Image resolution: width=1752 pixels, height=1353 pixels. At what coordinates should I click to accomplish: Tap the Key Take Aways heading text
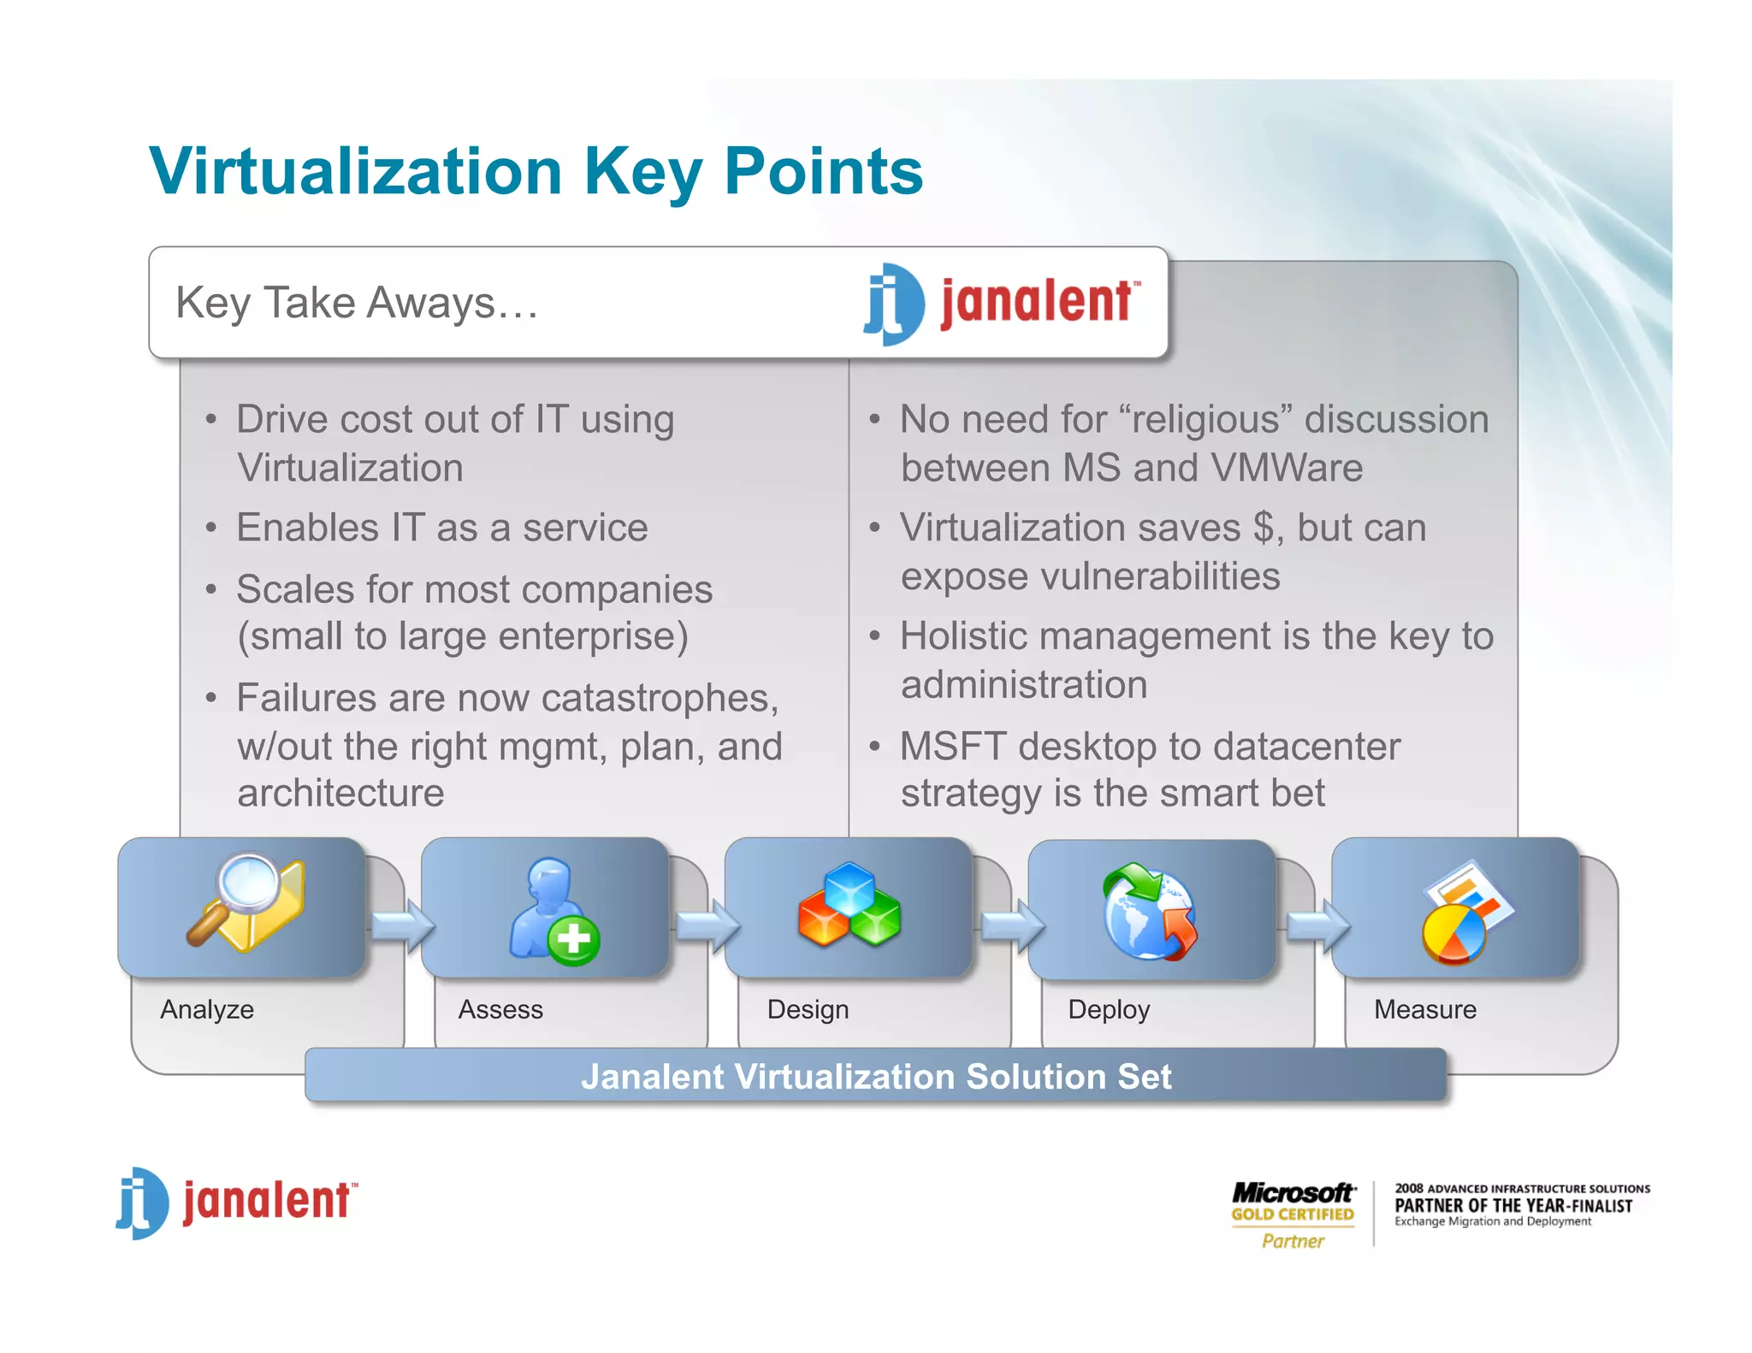coord(357,303)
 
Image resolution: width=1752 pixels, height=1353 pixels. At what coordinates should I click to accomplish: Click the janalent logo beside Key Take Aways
coord(1001,303)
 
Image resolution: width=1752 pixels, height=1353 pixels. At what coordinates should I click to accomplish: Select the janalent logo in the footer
coord(237,1202)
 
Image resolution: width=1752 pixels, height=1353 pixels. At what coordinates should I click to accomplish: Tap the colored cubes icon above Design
coord(849,907)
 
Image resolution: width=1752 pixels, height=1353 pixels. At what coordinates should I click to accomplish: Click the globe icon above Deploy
coord(1149,911)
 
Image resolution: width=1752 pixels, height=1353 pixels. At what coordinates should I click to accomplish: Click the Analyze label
coord(207,1009)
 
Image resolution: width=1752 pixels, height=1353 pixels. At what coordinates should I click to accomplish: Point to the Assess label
coord(500,1009)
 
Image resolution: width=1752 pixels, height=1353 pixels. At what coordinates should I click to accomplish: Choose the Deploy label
coord(1109,1009)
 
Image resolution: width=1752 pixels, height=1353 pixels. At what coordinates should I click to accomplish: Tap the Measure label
coord(1425,1009)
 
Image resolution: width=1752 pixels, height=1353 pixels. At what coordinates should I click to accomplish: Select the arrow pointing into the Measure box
coord(1318,925)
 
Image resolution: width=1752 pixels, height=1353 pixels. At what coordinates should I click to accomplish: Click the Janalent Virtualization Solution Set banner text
coord(876,1076)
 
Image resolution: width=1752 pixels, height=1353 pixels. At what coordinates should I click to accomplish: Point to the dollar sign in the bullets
coord(1263,528)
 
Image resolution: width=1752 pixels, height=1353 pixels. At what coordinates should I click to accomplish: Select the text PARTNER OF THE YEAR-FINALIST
coord(1513,1206)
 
